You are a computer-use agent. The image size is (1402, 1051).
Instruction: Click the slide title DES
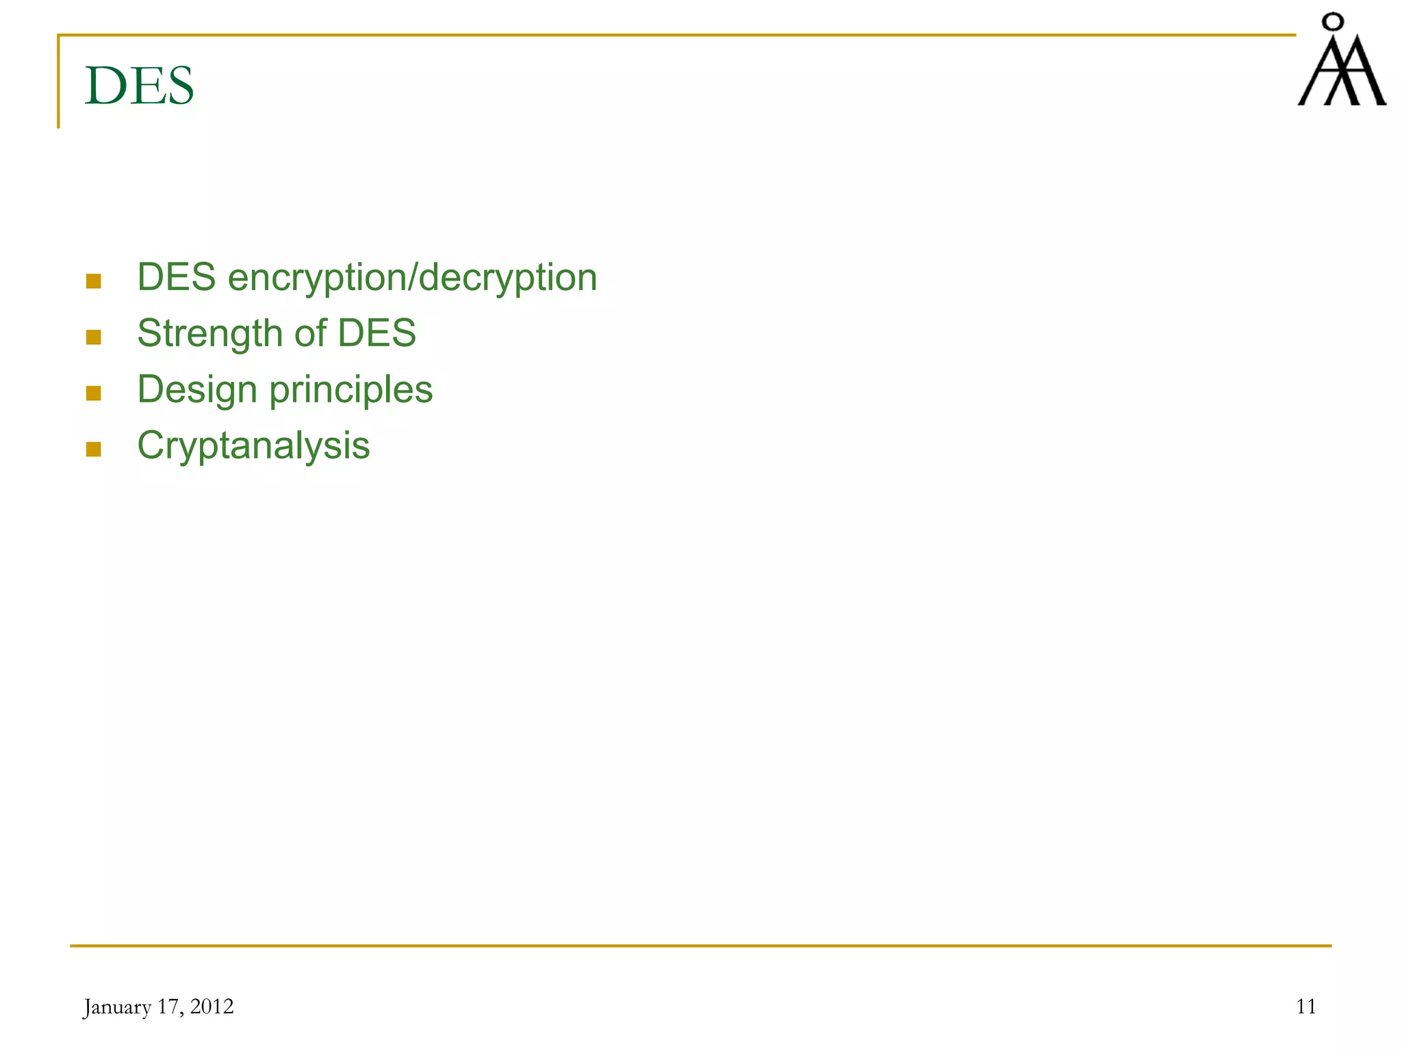pyautogui.click(x=140, y=86)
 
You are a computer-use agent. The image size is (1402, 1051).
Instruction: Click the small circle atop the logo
pyautogui.click(x=1332, y=23)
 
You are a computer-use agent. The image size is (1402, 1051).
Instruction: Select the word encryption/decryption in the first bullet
pyautogui.click(x=412, y=278)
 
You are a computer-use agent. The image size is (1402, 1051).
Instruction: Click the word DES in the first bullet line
pyautogui.click(x=177, y=278)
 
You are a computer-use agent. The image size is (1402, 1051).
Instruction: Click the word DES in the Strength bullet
pyautogui.click(x=377, y=333)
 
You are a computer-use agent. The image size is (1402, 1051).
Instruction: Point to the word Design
pyautogui.click(x=197, y=390)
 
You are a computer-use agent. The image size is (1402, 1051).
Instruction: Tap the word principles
pyautogui.click(x=351, y=390)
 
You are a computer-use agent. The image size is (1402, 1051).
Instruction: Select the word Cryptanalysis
pyautogui.click(x=253, y=446)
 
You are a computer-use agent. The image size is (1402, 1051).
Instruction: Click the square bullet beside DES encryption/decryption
pyautogui.click(x=94, y=281)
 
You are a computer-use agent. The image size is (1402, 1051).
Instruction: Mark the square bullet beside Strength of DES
pyautogui.click(x=94, y=337)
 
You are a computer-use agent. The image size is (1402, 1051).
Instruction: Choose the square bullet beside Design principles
pyautogui.click(x=94, y=393)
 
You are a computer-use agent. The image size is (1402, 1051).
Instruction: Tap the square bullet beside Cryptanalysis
pyautogui.click(x=94, y=450)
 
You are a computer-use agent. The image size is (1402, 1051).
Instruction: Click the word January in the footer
pyautogui.click(x=117, y=1007)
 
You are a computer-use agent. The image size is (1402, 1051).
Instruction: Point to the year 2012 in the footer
pyautogui.click(x=212, y=1007)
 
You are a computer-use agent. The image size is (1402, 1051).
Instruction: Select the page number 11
pyautogui.click(x=1306, y=1007)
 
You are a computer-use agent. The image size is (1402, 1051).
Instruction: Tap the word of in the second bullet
pyautogui.click(x=311, y=333)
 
